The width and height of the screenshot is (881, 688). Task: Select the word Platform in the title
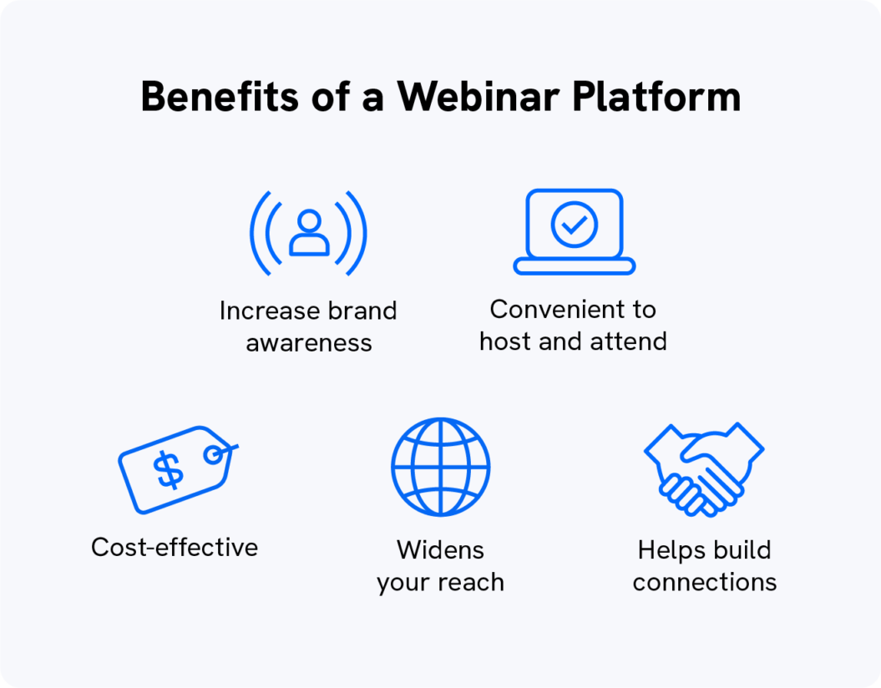tap(656, 97)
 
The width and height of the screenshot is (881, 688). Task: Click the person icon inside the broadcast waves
tap(309, 233)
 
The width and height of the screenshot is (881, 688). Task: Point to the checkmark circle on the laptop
tap(575, 224)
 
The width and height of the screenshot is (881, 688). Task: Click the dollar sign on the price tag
tap(170, 470)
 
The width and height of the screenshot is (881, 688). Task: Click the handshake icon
tap(703, 468)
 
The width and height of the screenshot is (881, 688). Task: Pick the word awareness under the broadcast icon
tap(309, 343)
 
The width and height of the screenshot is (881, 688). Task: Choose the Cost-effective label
tap(175, 548)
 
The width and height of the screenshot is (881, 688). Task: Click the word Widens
tap(440, 550)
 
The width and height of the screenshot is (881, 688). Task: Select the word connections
tap(704, 582)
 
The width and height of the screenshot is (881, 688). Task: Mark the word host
tap(506, 341)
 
